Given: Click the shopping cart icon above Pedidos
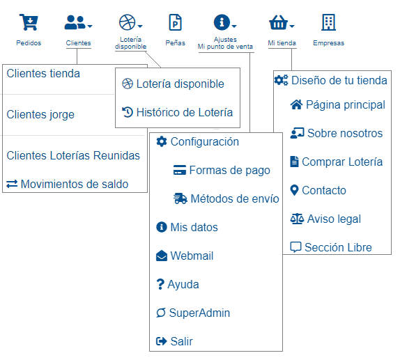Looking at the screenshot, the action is pyautogui.click(x=29, y=22).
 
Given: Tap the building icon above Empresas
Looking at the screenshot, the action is pyautogui.click(x=328, y=22).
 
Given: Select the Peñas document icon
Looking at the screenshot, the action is pyautogui.click(x=175, y=22).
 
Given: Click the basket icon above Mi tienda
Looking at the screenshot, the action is pyautogui.click(x=278, y=22).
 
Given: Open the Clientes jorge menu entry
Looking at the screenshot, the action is pyautogui.click(x=40, y=114).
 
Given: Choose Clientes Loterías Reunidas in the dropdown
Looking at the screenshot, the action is pyautogui.click(x=73, y=155).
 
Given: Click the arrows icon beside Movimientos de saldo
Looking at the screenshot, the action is pyautogui.click(x=12, y=184).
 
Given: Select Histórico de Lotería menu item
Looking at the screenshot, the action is pyautogui.click(x=185, y=112).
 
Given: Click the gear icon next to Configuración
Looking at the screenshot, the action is pyautogui.click(x=162, y=141).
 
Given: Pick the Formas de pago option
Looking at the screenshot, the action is pyautogui.click(x=229, y=170).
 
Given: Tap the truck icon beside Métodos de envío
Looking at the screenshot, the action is pyautogui.click(x=180, y=198).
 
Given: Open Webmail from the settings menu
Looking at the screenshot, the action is pyautogui.click(x=192, y=256).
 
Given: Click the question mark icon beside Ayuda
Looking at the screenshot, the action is pyautogui.click(x=160, y=284).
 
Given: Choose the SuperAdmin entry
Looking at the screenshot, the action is pyautogui.click(x=199, y=313).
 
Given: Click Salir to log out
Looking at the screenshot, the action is pyautogui.click(x=181, y=341).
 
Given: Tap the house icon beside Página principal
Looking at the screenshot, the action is pyautogui.click(x=296, y=104).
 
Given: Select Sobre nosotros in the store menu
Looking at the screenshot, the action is pyautogui.click(x=345, y=133).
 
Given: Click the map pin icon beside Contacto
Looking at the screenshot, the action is pyautogui.click(x=294, y=190).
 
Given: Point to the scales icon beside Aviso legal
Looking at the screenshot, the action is pyautogui.click(x=297, y=219).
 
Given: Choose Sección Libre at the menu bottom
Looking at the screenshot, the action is pyautogui.click(x=338, y=247).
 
